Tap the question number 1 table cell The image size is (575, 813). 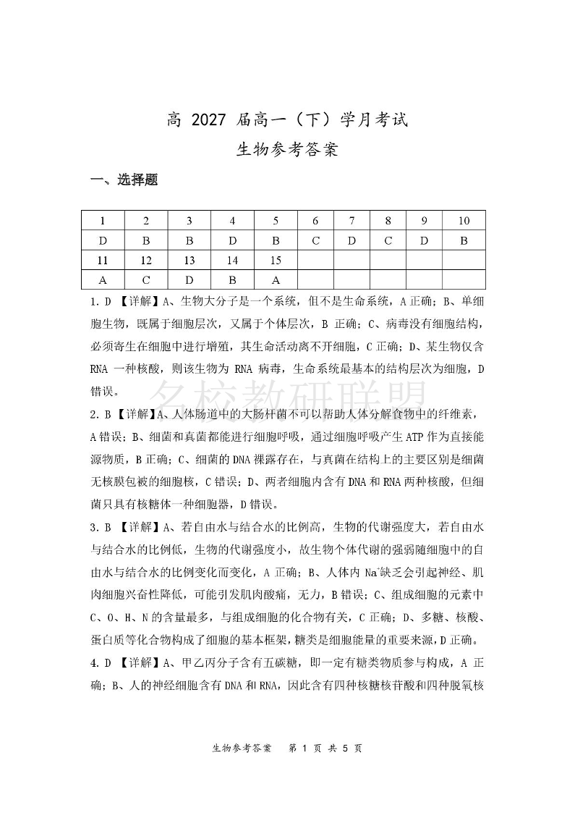click(x=103, y=221)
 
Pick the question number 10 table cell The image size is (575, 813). click(x=464, y=221)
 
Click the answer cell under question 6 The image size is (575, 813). click(x=315, y=240)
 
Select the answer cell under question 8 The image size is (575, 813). click(x=388, y=240)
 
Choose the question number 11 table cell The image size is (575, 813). click(x=103, y=260)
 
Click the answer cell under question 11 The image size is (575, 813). click(x=103, y=279)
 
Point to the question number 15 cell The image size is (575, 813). click(x=276, y=260)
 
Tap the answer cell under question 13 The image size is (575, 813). click(x=189, y=279)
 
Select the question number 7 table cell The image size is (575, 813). click(x=352, y=221)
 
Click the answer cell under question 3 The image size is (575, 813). click(x=189, y=240)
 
